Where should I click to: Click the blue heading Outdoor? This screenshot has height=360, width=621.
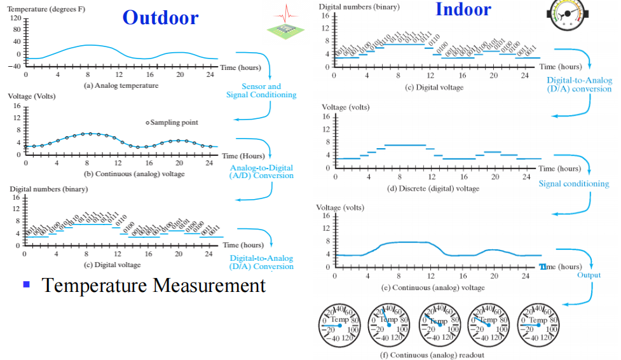click(160, 17)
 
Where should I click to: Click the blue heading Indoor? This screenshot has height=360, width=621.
click(463, 10)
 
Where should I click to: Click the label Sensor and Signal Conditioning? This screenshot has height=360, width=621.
click(261, 90)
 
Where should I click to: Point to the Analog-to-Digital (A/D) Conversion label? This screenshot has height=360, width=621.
click(261, 172)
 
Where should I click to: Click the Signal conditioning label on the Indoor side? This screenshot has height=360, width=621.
click(573, 184)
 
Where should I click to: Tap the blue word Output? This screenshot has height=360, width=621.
click(589, 275)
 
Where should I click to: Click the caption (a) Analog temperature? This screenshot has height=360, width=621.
click(120, 85)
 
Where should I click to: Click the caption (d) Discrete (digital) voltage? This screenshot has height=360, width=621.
click(433, 188)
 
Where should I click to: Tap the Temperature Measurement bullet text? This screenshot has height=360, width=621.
click(153, 285)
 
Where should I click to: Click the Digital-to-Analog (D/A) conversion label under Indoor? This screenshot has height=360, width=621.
click(579, 85)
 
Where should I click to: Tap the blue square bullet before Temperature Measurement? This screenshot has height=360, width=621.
click(27, 284)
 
